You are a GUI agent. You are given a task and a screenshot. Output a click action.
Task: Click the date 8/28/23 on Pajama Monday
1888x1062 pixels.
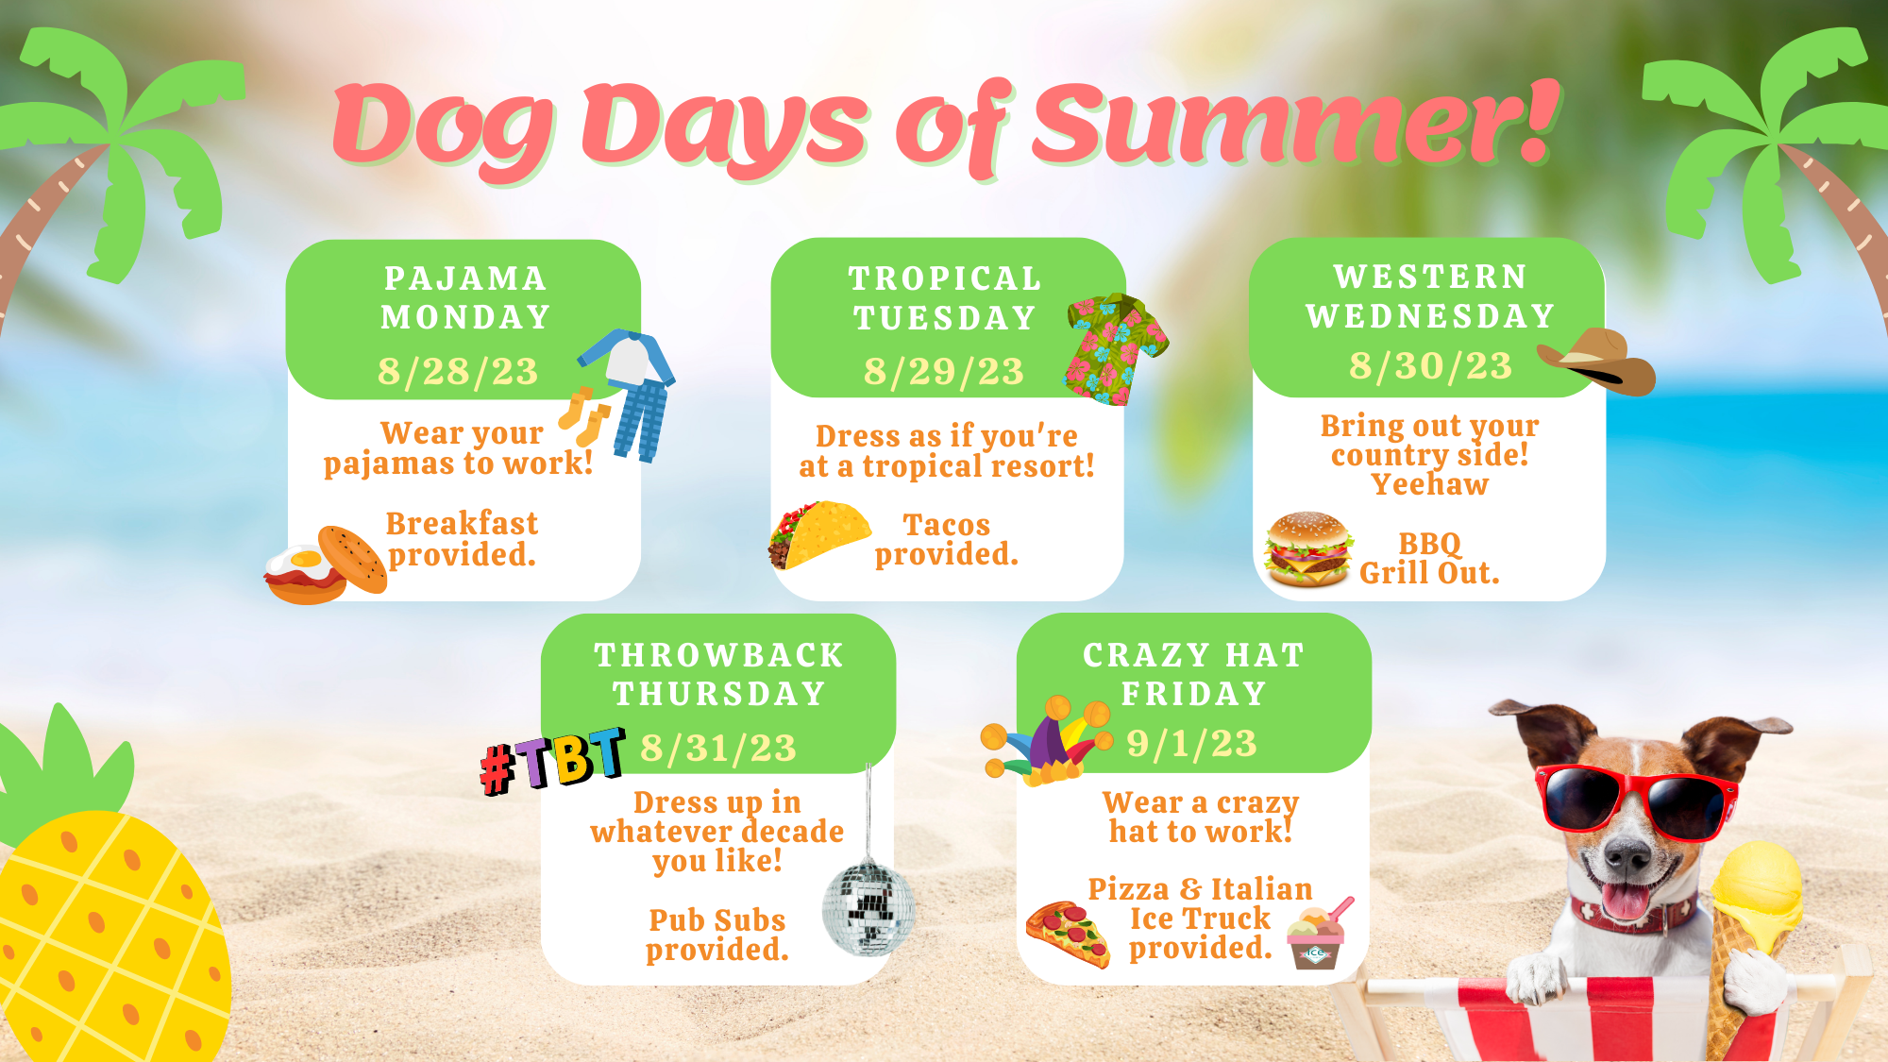(458, 371)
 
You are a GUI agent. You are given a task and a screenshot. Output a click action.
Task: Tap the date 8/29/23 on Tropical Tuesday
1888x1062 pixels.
(944, 371)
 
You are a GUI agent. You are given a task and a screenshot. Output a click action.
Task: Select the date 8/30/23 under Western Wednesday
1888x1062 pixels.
(1430, 365)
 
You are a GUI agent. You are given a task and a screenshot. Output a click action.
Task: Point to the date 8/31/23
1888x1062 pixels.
(718, 748)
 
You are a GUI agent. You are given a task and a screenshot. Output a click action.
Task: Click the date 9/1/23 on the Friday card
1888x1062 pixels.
(1191, 743)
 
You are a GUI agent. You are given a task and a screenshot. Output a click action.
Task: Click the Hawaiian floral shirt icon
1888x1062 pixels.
(1117, 348)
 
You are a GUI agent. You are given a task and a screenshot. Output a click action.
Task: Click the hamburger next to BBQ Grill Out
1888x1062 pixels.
(1308, 549)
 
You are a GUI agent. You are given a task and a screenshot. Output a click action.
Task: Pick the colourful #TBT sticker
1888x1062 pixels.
(552, 760)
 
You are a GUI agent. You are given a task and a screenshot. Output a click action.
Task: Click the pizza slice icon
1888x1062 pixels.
(1069, 935)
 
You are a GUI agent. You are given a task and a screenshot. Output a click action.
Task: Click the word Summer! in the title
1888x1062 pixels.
(1294, 122)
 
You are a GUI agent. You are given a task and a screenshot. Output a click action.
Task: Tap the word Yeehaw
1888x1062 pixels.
(1430, 484)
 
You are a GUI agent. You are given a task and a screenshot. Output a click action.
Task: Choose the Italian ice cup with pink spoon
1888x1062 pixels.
(1318, 935)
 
